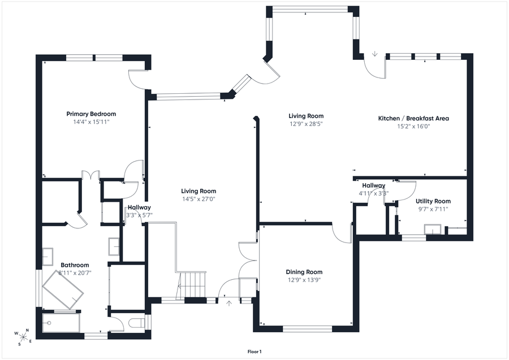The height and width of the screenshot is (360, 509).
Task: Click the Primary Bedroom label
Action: point(91,114)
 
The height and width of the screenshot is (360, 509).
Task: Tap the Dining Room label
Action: point(304,272)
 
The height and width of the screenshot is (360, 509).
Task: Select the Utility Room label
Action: point(433,201)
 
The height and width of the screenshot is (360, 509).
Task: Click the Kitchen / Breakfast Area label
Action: point(413,118)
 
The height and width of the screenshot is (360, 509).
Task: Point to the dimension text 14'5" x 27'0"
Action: point(199,199)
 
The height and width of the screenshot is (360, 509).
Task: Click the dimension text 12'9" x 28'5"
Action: point(306,124)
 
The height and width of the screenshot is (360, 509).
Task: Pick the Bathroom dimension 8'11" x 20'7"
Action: point(75,273)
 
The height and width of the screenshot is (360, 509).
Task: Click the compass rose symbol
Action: point(23,337)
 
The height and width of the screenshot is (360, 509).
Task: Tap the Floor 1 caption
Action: point(255,352)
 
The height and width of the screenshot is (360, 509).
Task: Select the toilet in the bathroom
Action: point(137,323)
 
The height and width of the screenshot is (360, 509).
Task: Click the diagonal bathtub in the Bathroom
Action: point(63,289)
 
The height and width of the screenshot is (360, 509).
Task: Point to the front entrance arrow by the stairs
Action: point(229,303)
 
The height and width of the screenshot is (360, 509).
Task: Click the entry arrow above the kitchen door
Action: point(375,54)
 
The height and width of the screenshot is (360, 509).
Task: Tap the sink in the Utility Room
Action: point(433,229)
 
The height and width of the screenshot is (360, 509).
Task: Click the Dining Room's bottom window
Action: point(308,329)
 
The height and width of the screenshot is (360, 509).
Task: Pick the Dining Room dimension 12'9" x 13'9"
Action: point(304,280)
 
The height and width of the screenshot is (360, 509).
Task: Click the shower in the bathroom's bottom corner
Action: point(61,323)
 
